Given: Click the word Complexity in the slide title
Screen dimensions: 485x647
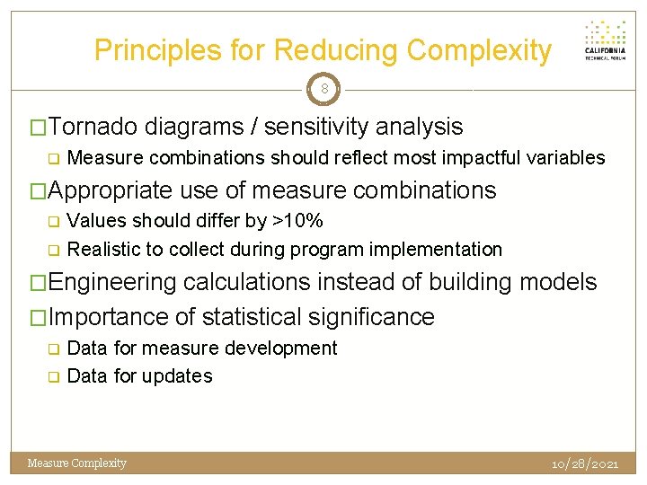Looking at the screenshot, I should click(x=479, y=50).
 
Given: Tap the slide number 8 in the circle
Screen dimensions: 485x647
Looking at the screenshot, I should click(x=323, y=89).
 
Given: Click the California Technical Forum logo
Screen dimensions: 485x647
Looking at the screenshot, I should click(x=605, y=40).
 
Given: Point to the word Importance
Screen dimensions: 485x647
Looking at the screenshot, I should click(x=108, y=317).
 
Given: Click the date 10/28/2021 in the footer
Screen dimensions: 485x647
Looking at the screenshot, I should click(x=585, y=463).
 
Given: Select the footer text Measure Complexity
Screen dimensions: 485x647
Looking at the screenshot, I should click(x=77, y=463).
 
